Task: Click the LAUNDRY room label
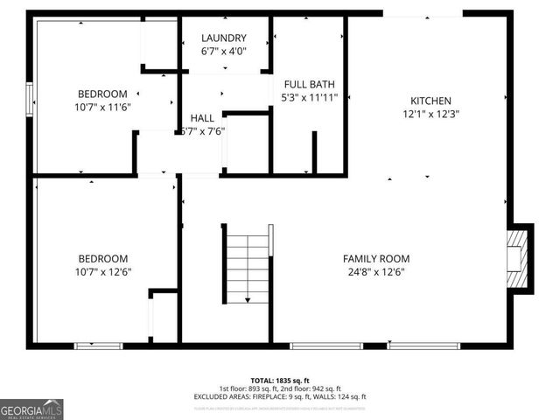coord(223,38)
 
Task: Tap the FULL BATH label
coord(308,85)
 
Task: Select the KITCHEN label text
coord(430,101)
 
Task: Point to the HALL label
coord(202,118)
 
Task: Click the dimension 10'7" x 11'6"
coord(102,107)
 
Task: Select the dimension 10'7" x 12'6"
coord(102,271)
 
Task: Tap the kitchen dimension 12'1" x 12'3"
coord(430,114)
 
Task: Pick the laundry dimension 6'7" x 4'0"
coord(223,52)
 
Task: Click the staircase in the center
coord(248,262)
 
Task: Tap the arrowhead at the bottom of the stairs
coord(248,300)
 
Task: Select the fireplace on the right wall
coord(518,259)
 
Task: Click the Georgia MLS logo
coord(31,409)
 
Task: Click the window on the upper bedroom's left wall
coord(30,94)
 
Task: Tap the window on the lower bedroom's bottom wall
coord(98,346)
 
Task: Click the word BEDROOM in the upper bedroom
coord(102,94)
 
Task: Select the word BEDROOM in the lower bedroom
coord(102,258)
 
